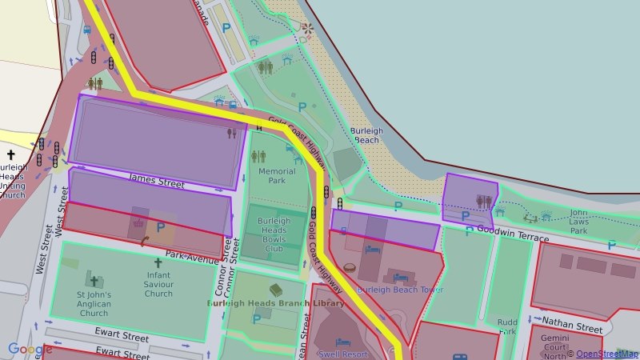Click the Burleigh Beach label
click(x=366, y=135)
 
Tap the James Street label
click(x=157, y=182)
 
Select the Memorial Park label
click(x=277, y=176)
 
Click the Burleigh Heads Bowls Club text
click(x=274, y=234)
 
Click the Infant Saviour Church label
click(x=158, y=283)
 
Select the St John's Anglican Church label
click(x=94, y=304)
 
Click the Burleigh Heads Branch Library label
click(x=276, y=304)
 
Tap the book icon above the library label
click(x=276, y=290)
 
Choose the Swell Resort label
click(x=342, y=353)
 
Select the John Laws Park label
click(x=578, y=222)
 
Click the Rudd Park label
click(x=507, y=326)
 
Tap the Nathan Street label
click(x=572, y=328)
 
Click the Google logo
click(x=30, y=350)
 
